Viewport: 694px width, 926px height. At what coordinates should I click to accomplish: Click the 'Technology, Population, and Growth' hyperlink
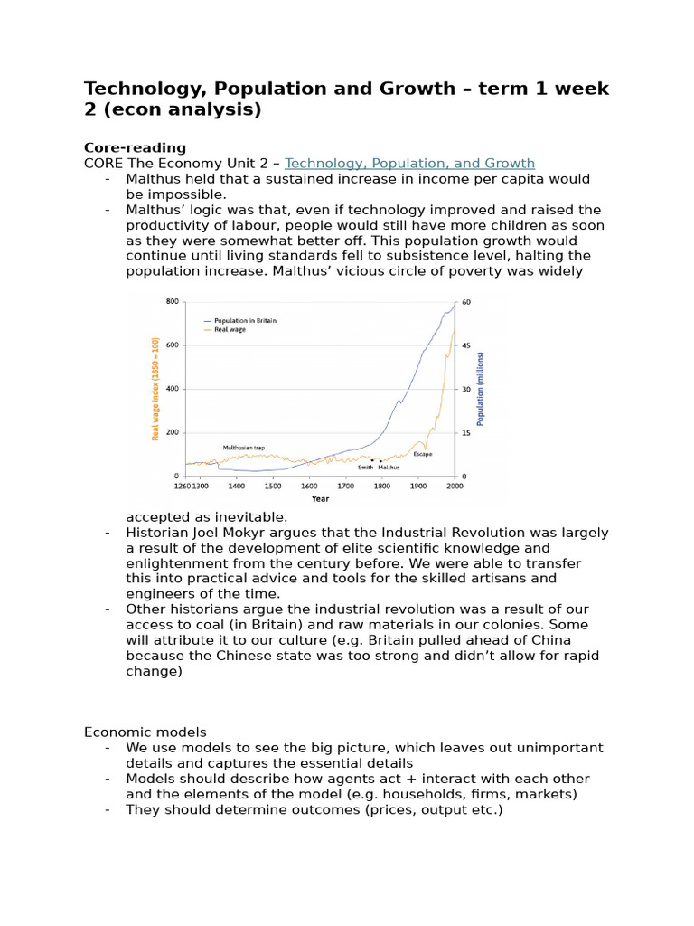click(x=409, y=164)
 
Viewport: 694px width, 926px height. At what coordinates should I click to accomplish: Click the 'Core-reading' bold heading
click(x=135, y=147)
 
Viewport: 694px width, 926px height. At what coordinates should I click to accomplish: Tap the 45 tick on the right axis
click(x=466, y=345)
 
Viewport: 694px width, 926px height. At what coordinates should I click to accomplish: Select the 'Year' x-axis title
click(x=320, y=498)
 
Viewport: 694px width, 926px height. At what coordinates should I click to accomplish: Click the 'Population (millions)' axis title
click(x=481, y=389)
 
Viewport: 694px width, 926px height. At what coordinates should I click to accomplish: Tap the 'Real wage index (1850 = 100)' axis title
click(x=155, y=389)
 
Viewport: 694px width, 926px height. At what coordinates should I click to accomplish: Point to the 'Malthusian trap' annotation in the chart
click(x=244, y=448)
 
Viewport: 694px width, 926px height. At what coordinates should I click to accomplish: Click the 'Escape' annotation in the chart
click(x=422, y=454)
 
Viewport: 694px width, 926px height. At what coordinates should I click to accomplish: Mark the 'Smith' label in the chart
click(x=365, y=468)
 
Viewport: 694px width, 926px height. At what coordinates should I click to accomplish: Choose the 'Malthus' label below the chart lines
click(x=389, y=468)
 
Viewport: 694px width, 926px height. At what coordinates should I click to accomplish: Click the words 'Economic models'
click(x=145, y=732)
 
